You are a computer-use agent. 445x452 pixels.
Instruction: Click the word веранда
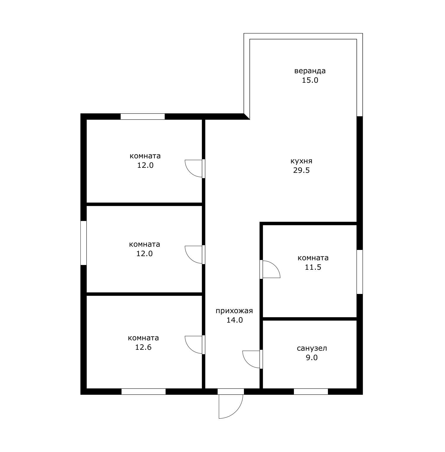(310, 71)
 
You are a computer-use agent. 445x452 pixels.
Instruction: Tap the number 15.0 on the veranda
(310, 80)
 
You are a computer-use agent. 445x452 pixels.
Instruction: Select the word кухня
(301, 161)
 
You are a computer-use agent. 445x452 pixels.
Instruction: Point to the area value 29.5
(301, 170)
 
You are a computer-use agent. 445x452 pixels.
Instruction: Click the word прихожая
(234, 311)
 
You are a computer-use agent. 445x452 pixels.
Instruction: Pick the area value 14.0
(234, 320)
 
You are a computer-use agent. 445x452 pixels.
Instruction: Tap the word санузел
(312, 348)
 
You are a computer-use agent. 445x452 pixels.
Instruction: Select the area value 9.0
(312, 357)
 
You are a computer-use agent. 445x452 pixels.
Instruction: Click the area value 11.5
(313, 267)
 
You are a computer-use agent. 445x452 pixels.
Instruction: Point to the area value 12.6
(143, 347)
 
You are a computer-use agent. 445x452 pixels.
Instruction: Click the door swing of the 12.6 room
(190, 349)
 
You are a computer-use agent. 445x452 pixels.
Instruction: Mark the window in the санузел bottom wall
(311, 391)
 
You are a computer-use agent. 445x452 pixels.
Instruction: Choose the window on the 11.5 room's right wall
(360, 272)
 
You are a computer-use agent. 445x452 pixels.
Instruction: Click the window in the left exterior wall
(84, 243)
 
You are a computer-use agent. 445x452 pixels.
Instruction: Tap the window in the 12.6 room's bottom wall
(143, 391)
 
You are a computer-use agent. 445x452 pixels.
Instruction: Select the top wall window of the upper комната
(143, 116)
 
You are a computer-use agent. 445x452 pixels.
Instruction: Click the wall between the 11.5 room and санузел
(310, 319)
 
